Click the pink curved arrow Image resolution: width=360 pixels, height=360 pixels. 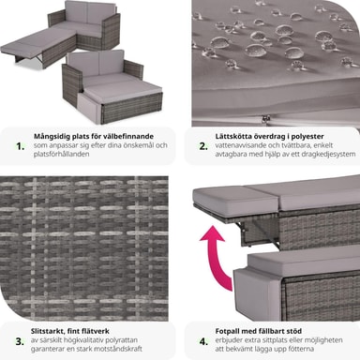pos(215,260)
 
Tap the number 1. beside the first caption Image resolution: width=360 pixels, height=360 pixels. pos(21,146)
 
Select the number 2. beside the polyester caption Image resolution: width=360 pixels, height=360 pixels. pos(203,146)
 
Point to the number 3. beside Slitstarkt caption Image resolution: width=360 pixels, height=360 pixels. pos(20,341)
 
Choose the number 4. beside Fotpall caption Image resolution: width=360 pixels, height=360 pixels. pos(203,341)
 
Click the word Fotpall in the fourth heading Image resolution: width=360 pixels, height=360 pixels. pos(226,331)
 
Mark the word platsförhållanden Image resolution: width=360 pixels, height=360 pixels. pos(62,154)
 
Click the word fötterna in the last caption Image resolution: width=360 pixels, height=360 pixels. pos(300,349)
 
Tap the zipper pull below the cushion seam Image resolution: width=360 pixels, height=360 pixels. pos(266,118)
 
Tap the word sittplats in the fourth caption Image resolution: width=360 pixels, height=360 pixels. pos(270,340)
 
